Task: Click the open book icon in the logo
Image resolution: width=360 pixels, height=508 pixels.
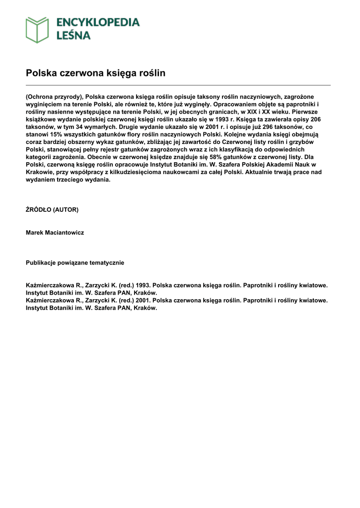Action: coord(37,29)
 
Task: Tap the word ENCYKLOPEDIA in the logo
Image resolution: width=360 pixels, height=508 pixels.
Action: coord(98,22)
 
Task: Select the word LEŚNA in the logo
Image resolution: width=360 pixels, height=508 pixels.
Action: coord(73,35)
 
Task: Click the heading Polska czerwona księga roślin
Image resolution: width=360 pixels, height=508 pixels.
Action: coord(95,73)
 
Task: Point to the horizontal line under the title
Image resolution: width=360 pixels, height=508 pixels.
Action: coord(178,85)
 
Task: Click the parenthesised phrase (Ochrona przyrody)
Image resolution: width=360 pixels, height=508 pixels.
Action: coord(55,97)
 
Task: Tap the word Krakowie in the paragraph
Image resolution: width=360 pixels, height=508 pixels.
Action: coord(40,172)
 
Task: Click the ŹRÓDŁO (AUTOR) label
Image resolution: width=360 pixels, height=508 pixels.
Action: coord(52,210)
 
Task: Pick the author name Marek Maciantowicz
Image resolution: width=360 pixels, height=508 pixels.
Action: coord(55,233)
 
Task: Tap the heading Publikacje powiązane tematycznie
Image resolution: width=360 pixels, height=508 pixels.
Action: coord(75,262)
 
